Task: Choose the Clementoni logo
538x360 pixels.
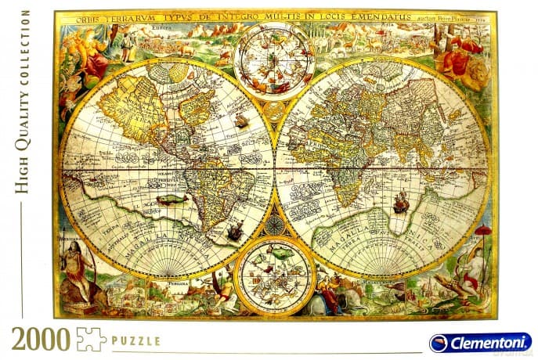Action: pos(478,343)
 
